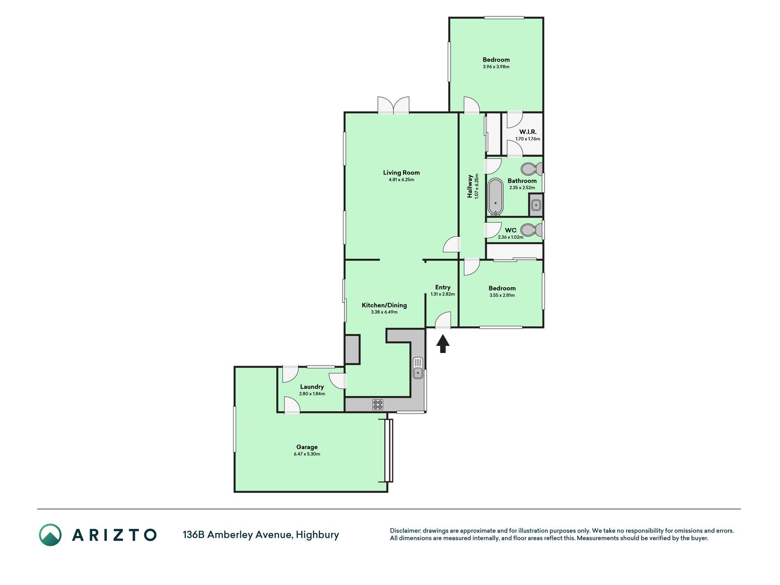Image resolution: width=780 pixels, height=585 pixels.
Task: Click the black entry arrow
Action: coord(442,344)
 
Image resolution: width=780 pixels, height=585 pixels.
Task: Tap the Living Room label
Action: coord(401,172)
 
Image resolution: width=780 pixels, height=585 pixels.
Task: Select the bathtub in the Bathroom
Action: coord(495,197)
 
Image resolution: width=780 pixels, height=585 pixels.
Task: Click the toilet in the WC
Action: coord(531,229)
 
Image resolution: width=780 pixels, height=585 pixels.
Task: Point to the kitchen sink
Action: coord(418,368)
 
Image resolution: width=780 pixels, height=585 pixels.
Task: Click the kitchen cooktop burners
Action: coord(377,404)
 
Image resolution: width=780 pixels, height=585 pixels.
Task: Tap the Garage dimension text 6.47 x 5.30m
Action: coord(307,454)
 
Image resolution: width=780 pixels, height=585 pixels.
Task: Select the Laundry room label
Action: coord(312,387)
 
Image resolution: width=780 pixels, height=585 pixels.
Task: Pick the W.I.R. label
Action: coord(528,132)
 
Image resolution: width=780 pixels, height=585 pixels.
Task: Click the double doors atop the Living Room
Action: coord(393,105)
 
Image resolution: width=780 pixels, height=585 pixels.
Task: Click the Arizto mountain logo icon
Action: coord(50,535)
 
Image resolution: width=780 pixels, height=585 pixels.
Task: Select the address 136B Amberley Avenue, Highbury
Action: coord(261,535)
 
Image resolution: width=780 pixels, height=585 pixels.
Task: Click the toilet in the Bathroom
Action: coord(531,169)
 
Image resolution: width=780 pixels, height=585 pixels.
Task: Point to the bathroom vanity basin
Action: coord(536,205)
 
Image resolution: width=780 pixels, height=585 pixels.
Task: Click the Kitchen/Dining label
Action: coord(384,305)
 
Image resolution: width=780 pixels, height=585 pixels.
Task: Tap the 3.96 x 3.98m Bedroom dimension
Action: coord(496,67)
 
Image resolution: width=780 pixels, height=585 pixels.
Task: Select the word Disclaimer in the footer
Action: coord(405,531)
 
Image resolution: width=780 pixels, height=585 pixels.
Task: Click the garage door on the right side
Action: coord(388,450)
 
